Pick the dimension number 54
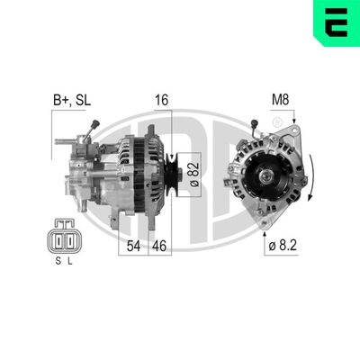(x=133, y=245)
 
